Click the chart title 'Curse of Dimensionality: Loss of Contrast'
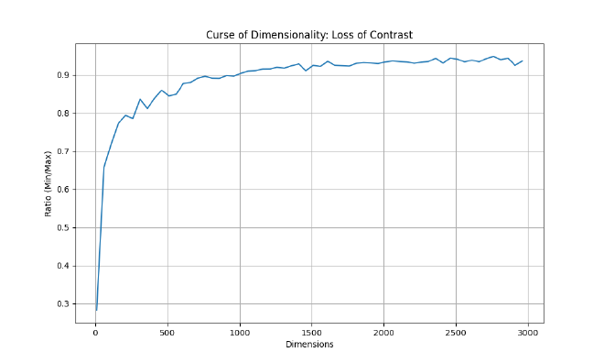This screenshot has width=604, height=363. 309,35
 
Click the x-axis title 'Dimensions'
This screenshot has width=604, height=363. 309,345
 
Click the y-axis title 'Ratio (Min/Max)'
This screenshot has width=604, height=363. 49,183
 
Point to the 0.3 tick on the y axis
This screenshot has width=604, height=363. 64,304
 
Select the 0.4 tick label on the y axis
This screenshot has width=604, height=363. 64,266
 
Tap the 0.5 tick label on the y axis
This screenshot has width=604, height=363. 64,227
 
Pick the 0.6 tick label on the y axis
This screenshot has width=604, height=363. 64,190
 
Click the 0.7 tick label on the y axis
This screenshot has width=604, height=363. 64,151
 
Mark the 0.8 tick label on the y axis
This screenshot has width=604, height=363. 64,114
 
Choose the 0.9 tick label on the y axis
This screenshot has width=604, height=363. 64,75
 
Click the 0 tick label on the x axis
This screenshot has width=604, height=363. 95,333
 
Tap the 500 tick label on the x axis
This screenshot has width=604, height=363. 167,333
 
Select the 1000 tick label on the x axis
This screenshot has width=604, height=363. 240,333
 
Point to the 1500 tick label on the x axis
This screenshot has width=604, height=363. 312,333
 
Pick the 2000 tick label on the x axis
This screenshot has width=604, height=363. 383,333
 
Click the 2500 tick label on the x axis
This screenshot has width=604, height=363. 456,333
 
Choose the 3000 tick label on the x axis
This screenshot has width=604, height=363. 528,333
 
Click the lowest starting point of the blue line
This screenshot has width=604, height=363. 96,310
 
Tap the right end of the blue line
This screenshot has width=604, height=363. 523,60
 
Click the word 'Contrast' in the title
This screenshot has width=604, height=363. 392,35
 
